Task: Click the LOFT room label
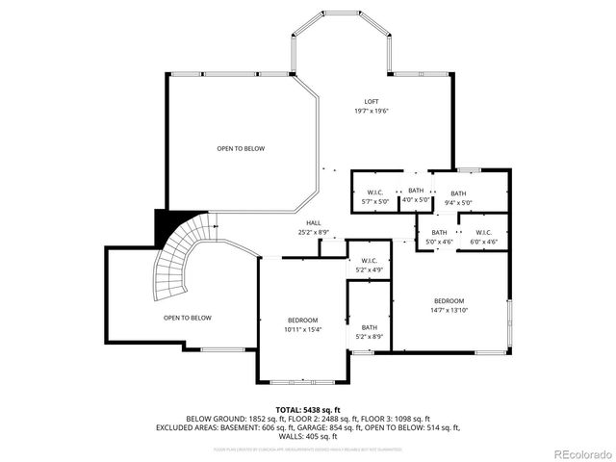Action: (371, 102)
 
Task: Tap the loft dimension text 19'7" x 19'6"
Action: (371, 112)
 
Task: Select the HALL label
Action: (300, 222)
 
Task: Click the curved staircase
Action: (183, 260)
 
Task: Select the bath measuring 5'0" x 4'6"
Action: (439, 237)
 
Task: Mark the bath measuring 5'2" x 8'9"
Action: (370, 331)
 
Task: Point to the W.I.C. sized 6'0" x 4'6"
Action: (483, 237)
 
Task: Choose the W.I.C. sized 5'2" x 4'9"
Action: (370, 265)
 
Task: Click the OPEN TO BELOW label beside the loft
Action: (241, 148)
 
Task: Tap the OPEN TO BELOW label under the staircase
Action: (188, 318)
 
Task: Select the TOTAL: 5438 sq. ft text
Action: (308, 409)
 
